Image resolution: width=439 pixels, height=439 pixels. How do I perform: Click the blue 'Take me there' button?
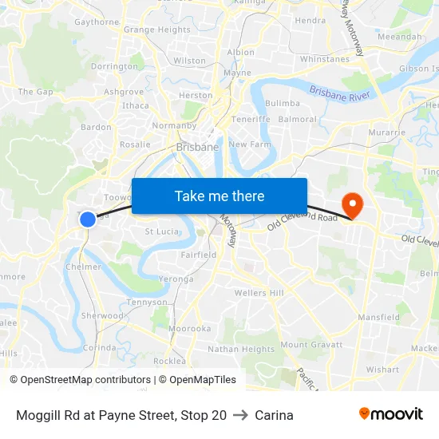coord(219,196)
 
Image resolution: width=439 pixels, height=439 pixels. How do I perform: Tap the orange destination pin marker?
coord(351,204)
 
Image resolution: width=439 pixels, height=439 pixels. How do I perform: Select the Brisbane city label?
coord(197,147)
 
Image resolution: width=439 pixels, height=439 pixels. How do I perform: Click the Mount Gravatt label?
coord(311,345)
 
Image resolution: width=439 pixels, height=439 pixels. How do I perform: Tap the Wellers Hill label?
coord(259,293)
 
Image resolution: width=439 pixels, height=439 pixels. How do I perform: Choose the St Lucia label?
coord(160,231)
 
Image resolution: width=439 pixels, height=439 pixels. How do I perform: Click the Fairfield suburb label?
coord(199,255)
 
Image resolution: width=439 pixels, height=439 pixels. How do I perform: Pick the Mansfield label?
coord(379,317)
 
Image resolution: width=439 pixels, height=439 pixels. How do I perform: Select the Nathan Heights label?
coord(241,349)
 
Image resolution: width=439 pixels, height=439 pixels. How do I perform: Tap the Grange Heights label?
coord(157,30)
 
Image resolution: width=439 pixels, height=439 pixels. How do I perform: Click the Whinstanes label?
coord(325,59)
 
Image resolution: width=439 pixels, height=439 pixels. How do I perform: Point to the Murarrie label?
coord(387,131)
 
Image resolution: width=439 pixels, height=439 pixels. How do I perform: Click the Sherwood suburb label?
coord(102,315)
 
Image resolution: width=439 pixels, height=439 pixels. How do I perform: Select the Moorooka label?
coord(190,328)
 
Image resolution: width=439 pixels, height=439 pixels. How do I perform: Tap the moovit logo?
coord(391,414)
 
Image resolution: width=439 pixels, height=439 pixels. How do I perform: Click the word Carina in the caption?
coord(275,415)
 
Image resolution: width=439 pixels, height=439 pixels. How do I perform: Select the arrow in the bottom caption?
coord(240,415)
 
